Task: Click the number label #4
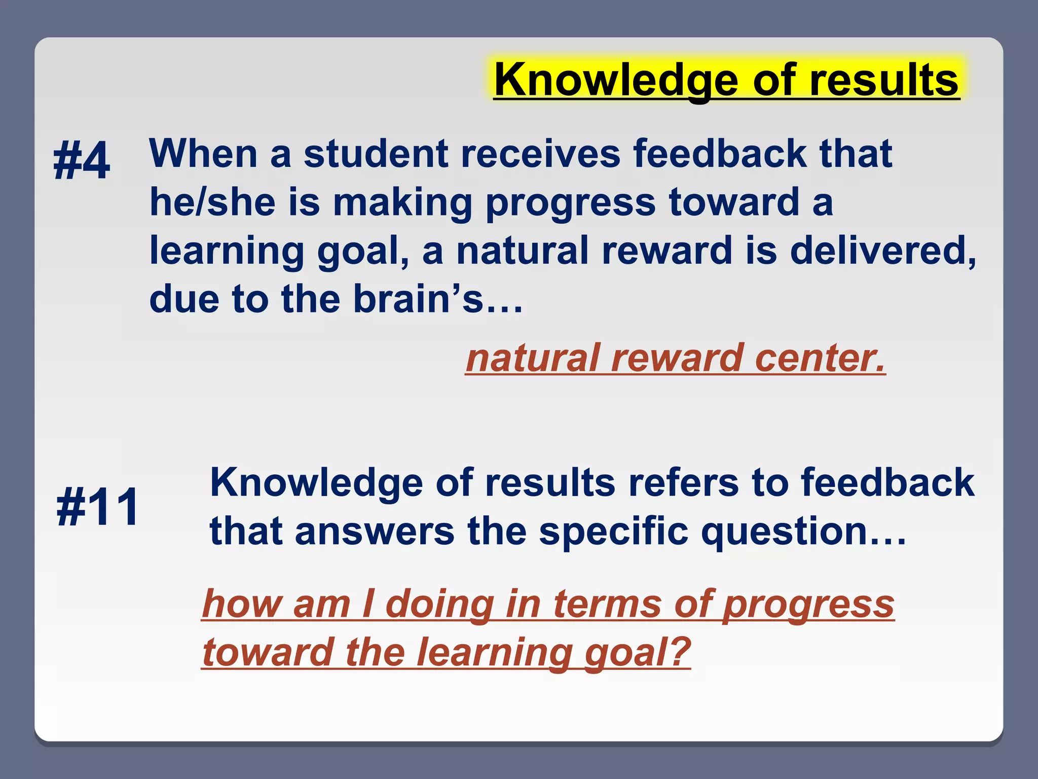(x=82, y=161)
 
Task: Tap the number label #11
(x=97, y=507)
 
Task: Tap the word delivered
(x=882, y=251)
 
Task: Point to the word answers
(x=375, y=531)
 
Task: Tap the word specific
(x=613, y=531)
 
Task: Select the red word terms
(x=607, y=604)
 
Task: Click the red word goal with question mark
(x=637, y=652)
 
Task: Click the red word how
(x=241, y=604)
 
